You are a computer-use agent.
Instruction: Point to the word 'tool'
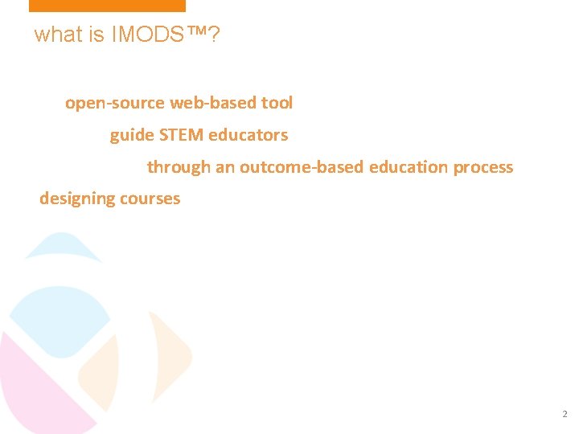278,103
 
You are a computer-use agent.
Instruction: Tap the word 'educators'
248,135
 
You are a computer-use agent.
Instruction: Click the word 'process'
483,167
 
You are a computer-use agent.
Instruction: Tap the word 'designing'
73,199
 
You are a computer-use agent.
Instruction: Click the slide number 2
564,415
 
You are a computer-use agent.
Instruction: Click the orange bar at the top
107,6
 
